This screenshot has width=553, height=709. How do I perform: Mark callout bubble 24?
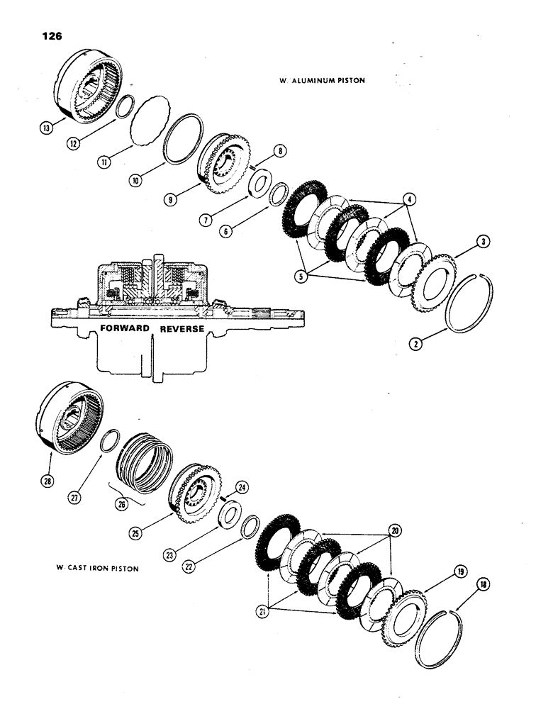coord(241,487)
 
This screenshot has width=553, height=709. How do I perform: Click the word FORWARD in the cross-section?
coord(128,329)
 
